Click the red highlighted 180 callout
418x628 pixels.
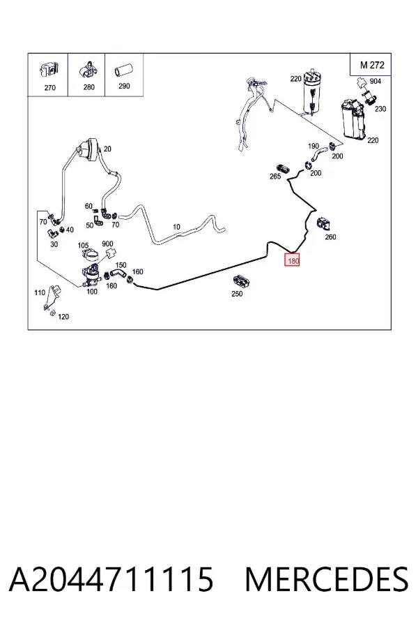tap(292, 261)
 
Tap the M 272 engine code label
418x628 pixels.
tap(372, 65)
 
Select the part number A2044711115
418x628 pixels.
tap(111, 579)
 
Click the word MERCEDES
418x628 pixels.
tap(327, 579)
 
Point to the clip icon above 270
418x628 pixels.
tap(49, 70)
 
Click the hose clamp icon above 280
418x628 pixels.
tap(88, 70)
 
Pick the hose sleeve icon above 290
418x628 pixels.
tap(123, 71)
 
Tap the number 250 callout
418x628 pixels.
tap(237, 294)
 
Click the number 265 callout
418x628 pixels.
tap(275, 177)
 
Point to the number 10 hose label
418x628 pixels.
tap(176, 227)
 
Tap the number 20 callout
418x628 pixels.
tap(107, 149)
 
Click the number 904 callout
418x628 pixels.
tap(376, 82)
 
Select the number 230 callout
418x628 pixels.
tap(380, 109)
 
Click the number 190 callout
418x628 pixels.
tap(313, 147)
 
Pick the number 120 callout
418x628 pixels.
tap(63, 317)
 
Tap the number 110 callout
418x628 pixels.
tap(40, 292)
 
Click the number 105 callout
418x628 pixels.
tap(83, 245)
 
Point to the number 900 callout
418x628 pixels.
tap(107, 244)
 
